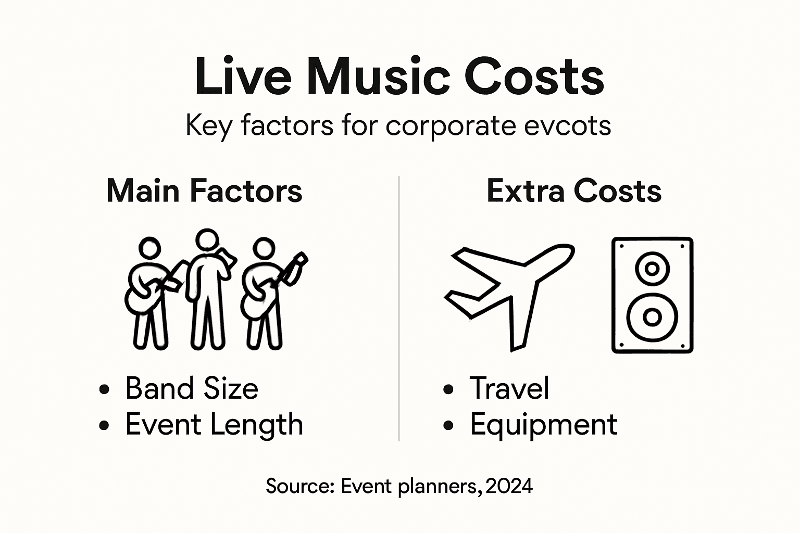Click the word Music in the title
[x=379, y=77]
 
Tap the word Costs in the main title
[x=534, y=77]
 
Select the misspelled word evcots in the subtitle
[x=568, y=125]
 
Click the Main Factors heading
[x=204, y=191]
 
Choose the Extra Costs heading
[x=574, y=191]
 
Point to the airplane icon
[x=508, y=295]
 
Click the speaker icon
[x=652, y=295]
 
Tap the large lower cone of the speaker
[x=652, y=316]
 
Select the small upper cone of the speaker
[x=652, y=269]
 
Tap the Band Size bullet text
[x=192, y=388]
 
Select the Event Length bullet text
[x=214, y=424]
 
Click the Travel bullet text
[x=509, y=388]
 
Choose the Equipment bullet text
[x=544, y=424]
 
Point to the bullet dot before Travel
[x=448, y=389]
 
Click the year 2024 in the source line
[x=509, y=486]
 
